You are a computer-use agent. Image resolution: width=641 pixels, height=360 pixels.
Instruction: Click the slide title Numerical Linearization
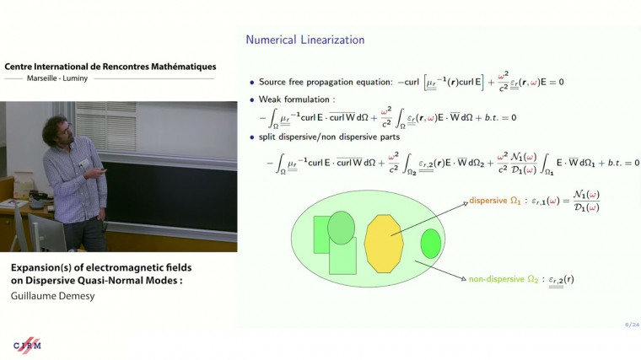point(304,40)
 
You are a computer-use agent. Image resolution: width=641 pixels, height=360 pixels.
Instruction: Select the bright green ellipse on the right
point(431,244)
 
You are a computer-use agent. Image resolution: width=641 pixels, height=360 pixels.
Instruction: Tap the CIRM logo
point(27,345)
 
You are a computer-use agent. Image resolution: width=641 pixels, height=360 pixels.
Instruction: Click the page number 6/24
point(631,324)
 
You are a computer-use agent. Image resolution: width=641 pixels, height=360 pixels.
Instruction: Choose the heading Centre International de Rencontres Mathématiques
point(110,66)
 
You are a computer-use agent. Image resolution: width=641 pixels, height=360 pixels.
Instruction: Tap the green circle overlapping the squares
point(341,227)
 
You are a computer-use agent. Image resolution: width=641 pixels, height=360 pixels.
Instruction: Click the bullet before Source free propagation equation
point(251,83)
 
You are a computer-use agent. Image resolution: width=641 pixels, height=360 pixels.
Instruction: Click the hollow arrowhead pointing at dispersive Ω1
point(463,205)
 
